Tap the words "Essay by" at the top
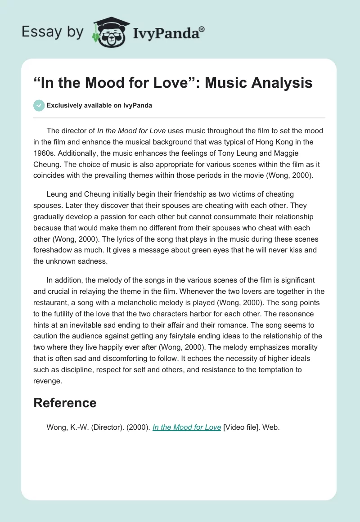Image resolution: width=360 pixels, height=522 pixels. coord(53,32)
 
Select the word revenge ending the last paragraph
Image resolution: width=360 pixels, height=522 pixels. coord(48,381)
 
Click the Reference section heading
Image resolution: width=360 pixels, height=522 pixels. coord(65,403)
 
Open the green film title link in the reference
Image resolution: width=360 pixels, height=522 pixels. coord(187,427)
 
